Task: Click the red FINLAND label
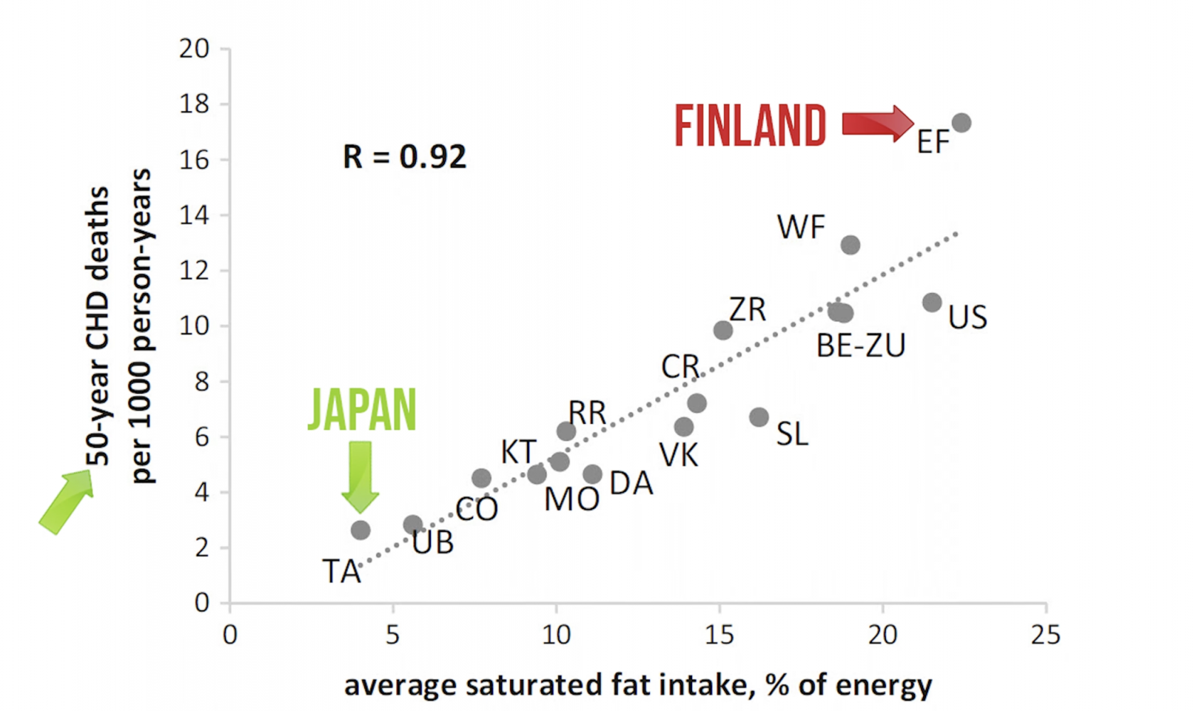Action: pos(750,126)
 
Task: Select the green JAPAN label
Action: pos(362,410)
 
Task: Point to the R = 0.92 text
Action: pos(404,157)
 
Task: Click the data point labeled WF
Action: pos(850,245)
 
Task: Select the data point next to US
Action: pos(932,302)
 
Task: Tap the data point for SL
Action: pos(759,417)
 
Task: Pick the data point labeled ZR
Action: pos(723,330)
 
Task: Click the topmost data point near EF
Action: pos(961,123)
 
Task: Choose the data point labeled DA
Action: pos(592,474)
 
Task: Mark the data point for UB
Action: pos(412,525)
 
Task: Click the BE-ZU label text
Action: pos(860,346)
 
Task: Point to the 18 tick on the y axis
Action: pos(194,105)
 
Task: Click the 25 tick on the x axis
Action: pos(1045,635)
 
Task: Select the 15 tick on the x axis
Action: pos(719,635)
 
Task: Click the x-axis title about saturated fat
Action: pos(638,685)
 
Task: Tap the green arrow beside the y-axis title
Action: pos(66,502)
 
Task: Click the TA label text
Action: pos(341,572)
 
